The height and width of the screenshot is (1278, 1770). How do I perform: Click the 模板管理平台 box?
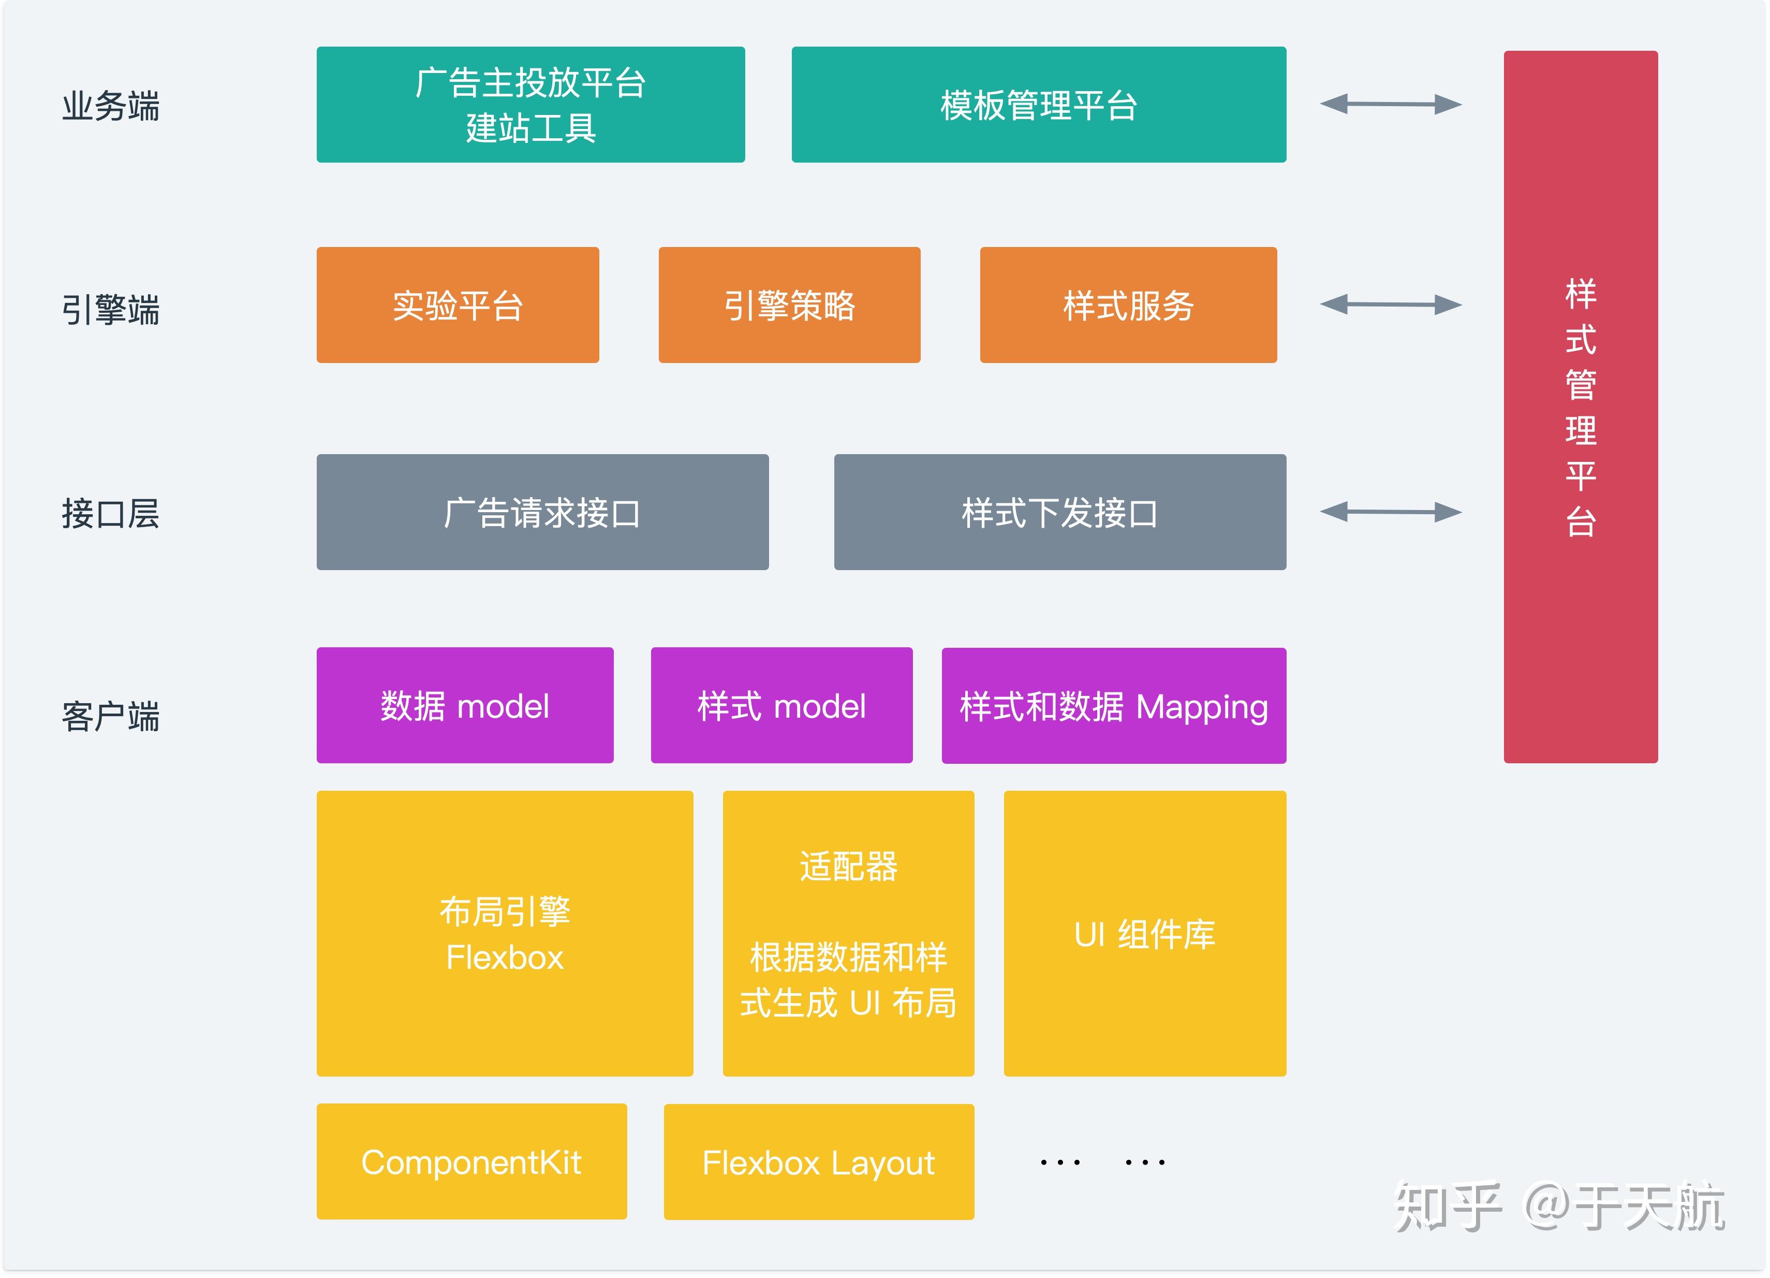pyautogui.click(x=1038, y=105)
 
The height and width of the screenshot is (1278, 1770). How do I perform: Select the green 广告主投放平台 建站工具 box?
pyautogui.click(x=530, y=105)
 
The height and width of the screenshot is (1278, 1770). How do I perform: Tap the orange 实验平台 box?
pyautogui.click(x=458, y=305)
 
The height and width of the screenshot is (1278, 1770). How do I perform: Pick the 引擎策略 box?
pyautogui.click(x=789, y=305)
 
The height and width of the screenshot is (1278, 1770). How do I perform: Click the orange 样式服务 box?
pyautogui.click(x=1128, y=305)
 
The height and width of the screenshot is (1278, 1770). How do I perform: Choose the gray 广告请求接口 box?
pyautogui.click(x=542, y=512)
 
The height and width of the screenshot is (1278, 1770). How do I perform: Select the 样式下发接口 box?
pyautogui.click(x=1060, y=512)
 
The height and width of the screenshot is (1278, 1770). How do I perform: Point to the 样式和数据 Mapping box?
pyautogui.click(x=1114, y=706)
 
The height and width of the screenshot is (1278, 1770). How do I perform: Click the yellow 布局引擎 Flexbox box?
pyautogui.click(x=505, y=934)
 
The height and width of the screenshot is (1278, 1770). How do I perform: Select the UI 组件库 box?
pyautogui.click(x=1145, y=934)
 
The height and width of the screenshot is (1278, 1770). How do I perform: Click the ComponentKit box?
pyautogui.click(x=471, y=1161)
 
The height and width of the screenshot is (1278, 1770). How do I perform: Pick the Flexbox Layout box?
pyautogui.click(x=819, y=1161)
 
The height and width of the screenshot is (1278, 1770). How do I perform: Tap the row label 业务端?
pyautogui.click(x=111, y=106)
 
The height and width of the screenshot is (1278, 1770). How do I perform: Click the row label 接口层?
pyautogui.click(x=111, y=514)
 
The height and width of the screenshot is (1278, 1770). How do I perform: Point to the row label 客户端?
pyautogui.click(x=111, y=716)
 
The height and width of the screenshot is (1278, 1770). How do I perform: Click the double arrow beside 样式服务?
pyautogui.click(x=1391, y=304)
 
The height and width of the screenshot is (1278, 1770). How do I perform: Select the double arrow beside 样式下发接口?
pyautogui.click(x=1391, y=512)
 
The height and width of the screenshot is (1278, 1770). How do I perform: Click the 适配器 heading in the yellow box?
pyautogui.click(x=848, y=866)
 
